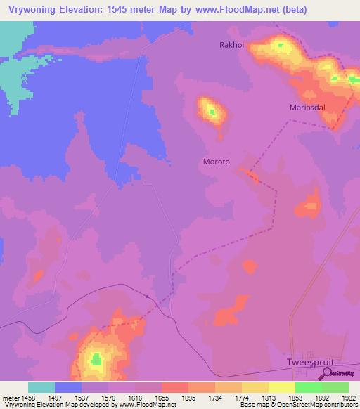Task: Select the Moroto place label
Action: click(x=217, y=162)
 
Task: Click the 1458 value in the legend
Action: click(x=27, y=397)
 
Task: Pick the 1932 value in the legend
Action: click(x=349, y=397)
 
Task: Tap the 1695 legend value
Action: click(x=188, y=397)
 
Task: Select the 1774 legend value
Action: click(x=242, y=397)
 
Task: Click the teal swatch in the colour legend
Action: click(x=41, y=387)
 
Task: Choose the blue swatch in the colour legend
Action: click(x=67, y=387)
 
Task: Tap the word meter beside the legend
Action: click(x=11, y=397)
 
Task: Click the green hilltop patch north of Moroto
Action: click(x=210, y=110)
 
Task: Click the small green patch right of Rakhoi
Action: click(x=281, y=46)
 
